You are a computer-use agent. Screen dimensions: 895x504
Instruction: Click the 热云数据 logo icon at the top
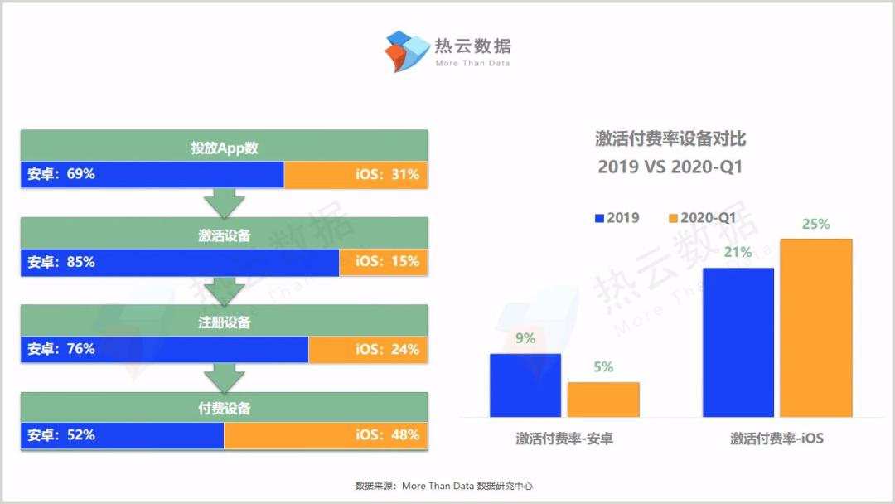click(x=407, y=51)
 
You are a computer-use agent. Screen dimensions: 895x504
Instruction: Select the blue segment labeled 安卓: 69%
click(x=152, y=175)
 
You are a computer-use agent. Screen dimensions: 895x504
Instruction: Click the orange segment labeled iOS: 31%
click(x=356, y=175)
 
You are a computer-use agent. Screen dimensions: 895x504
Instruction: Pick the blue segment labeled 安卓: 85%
click(x=180, y=263)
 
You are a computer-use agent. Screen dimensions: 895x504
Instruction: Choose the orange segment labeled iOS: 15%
click(x=384, y=263)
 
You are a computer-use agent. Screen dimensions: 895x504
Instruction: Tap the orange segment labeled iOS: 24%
click(x=368, y=349)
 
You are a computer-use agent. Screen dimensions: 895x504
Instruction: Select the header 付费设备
click(x=225, y=408)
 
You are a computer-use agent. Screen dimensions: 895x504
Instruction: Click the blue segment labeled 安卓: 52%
click(x=123, y=436)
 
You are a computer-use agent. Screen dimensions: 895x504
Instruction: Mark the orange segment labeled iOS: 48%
click(x=326, y=436)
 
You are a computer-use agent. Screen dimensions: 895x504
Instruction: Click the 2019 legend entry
click(x=617, y=218)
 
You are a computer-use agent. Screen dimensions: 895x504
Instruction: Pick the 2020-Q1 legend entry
click(x=702, y=218)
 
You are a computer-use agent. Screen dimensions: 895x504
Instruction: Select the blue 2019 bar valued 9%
click(x=525, y=385)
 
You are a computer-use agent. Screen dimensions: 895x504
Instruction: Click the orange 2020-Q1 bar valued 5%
click(x=603, y=400)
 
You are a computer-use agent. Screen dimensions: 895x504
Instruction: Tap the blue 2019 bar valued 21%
click(x=738, y=342)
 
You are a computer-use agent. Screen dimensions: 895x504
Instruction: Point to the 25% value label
click(x=815, y=225)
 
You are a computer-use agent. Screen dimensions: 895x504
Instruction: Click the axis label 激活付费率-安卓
click(x=564, y=439)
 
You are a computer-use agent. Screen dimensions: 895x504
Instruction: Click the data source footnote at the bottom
click(x=443, y=487)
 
